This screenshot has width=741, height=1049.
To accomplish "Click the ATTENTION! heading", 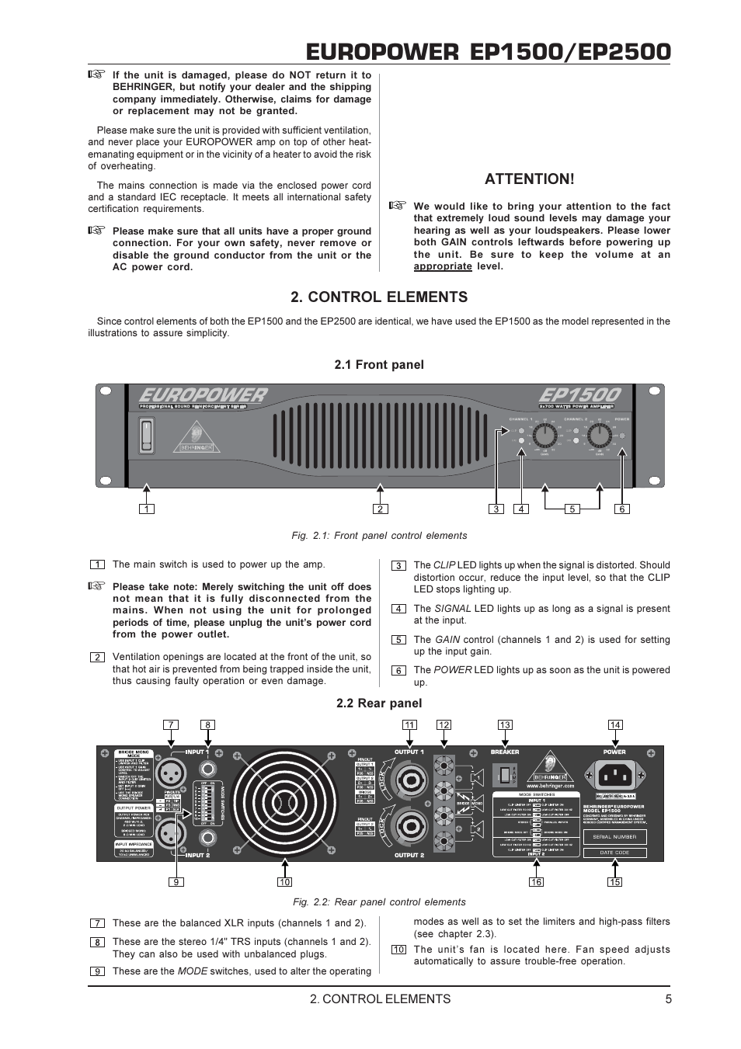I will pyautogui.click(x=530, y=179).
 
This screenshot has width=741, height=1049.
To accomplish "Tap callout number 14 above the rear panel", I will pyautogui.click(x=614, y=724).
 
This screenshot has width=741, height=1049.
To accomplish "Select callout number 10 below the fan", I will pyautogui.click(x=284, y=882).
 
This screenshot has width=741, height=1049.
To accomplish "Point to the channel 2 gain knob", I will pyautogui.click(x=599, y=436).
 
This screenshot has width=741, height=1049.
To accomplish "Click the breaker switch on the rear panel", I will pyautogui.click(x=505, y=774).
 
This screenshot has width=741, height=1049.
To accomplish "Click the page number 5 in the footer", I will pyautogui.click(x=668, y=999).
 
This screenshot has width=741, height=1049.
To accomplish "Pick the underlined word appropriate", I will pyautogui.click(x=442, y=266).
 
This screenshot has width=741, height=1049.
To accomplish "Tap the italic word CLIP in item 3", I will pyautogui.click(x=444, y=565).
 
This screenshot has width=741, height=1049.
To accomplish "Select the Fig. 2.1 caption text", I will pyautogui.click(x=379, y=536).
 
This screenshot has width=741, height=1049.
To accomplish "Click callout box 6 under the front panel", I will pyautogui.click(x=621, y=509).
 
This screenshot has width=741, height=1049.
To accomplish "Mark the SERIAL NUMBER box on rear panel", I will pyautogui.click(x=614, y=837).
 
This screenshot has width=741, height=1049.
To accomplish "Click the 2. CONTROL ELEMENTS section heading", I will pyautogui.click(x=379, y=297).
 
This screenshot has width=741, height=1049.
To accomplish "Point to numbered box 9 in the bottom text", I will pyautogui.click(x=97, y=971).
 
